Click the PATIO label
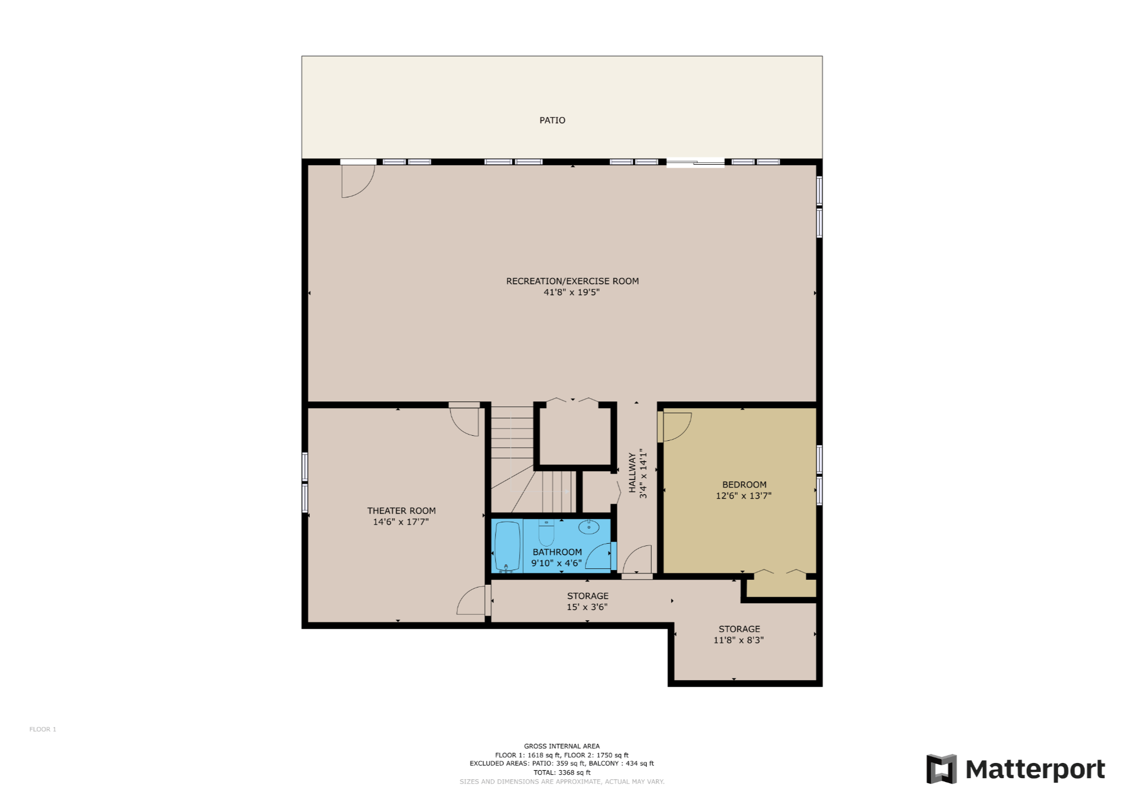[552, 120]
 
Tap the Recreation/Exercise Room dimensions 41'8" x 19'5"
[571, 292]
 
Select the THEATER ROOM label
[401, 511]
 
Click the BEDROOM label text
[744, 485]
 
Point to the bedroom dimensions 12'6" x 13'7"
[743, 496]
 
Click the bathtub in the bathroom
[507, 546]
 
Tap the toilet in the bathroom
[546, 532]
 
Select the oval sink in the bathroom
[589, 527]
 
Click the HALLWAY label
[632, 473]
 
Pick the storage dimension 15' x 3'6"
[587, 607]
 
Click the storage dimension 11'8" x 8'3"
[738, 640]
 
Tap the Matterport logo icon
[941, 769]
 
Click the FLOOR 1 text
[43, 729]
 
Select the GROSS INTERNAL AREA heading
[562, 746]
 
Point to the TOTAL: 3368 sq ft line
[562, 773]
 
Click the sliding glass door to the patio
[695, 163]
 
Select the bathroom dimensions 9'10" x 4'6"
[556, 563]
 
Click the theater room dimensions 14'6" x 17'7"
[401, 522]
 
